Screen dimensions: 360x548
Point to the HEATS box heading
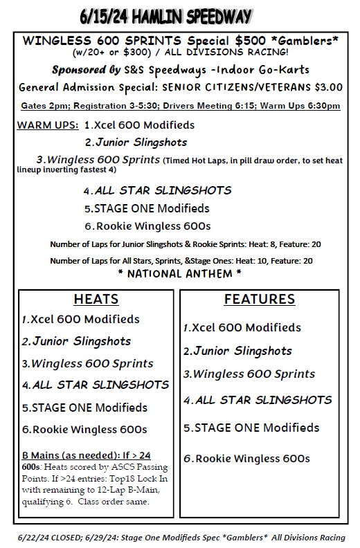click(x=96, y=300)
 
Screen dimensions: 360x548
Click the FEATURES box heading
click(x=260, y=300)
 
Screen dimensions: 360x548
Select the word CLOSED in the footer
click(x=63, y=537)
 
